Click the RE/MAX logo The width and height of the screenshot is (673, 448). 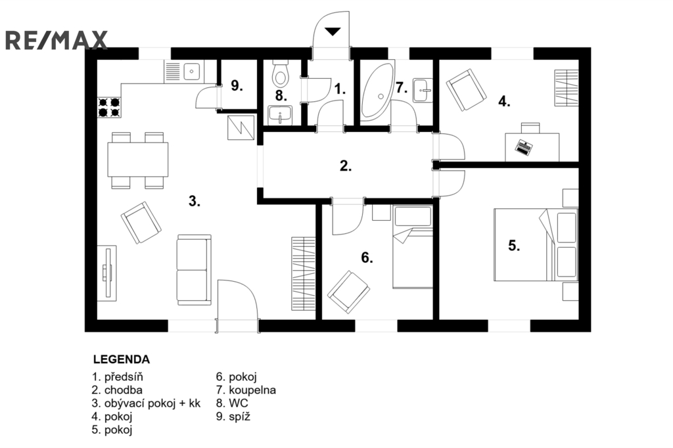pyautogui.click(x=57, y=40)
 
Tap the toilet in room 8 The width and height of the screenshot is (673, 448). pyautogui.click(x=281, y=74)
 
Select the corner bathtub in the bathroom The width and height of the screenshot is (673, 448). pyautogui.click(x=377, y=89)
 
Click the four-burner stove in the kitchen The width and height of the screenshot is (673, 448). pyautogui.click(x=109, y=107)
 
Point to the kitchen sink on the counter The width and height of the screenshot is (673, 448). pyautogui.click(x=192, y=71)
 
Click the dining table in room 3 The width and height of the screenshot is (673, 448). pyautogui.click(x=137, y=160)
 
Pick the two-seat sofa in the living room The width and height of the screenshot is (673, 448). pyautogui.click(x=194, y=270)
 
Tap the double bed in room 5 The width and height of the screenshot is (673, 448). pyautogui.click(x=536, y=244)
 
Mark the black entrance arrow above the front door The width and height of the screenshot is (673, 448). pyautogui.click(x=332, y=32)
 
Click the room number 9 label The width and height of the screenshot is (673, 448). pyautogui.click(x=237, y=85)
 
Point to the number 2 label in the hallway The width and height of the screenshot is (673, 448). pyautogui.click(x=346, y=166)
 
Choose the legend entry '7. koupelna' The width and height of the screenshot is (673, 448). pyautogui.click(x=246, y=390)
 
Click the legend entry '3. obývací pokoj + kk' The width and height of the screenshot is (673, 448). pyautogui.click(x=146, y=403)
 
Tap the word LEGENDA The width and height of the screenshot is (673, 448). pyautogui.click(x=122, y=359)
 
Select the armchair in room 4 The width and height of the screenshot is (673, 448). pyautogui.click(x=466, y=90)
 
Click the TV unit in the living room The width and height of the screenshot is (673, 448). pyautogui.click(x=107, y=272)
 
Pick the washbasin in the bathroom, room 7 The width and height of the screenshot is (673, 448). pyautogui.click(x=423, y=90)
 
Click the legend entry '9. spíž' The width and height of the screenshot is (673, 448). pyautogui.click(x=233, y=416)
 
